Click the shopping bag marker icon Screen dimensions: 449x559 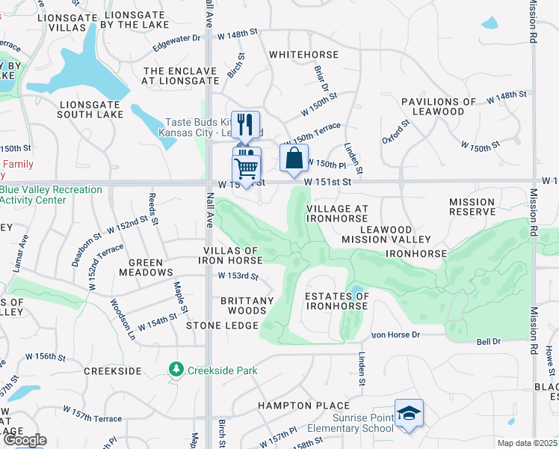(294, 157)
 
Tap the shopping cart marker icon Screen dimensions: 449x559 (247, 168)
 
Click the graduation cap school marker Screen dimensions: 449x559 (409, 413)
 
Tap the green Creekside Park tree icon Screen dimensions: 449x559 (176, 370)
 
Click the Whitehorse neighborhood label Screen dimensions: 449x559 (303, 55)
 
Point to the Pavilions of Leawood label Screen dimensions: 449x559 (438, 106)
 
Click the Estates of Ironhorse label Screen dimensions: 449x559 (337, 301)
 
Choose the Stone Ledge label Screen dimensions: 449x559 (222, 326)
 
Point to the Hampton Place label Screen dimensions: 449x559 (293, 406)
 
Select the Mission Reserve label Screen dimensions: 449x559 (472, 207)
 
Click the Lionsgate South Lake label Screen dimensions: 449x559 (90, 109)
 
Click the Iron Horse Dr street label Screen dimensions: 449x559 (396, 335)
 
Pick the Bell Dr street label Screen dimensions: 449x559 (488, 341)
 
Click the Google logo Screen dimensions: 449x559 (24, 440)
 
